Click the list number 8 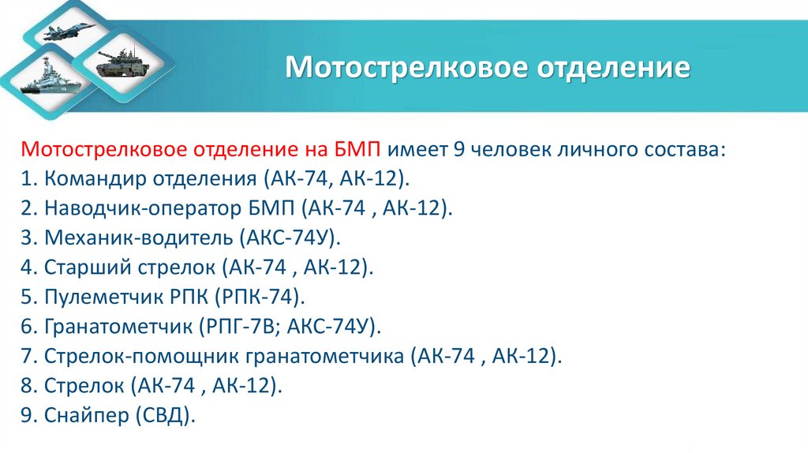tap(27, 386)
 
